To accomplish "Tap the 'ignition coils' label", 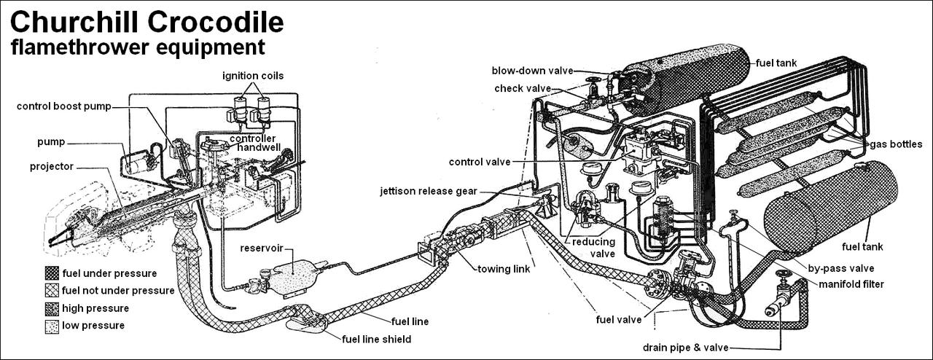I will click(253, 75).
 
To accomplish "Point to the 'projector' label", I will click(52, 166).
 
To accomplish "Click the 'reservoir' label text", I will click(262, 248).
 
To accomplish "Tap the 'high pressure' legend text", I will click(95, 308).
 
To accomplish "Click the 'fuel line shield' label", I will click(377, 339).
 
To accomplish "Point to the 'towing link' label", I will click(504, 269).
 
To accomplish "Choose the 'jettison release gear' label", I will click(428, 192).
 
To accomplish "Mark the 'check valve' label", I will click(522, 89).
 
